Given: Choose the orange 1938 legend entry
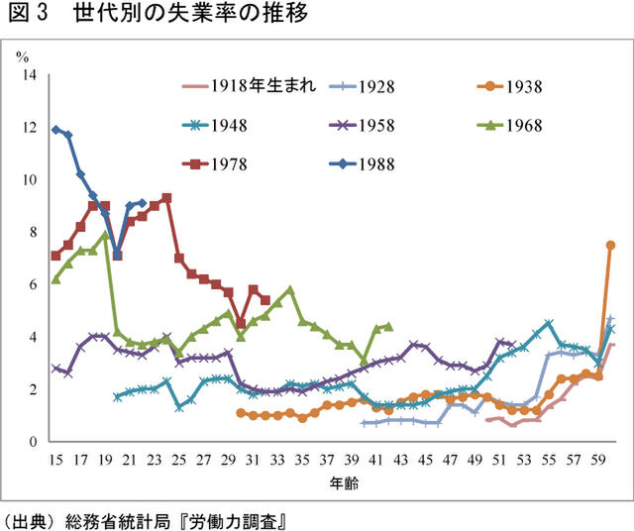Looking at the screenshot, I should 521,86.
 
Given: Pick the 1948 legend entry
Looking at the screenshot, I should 227,126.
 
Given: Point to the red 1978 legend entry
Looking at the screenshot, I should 227,163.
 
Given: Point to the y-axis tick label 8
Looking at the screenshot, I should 33,232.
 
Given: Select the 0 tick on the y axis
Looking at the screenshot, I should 33,442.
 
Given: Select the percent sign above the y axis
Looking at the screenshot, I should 22,55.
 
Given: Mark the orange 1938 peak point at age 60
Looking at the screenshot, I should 610,245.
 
